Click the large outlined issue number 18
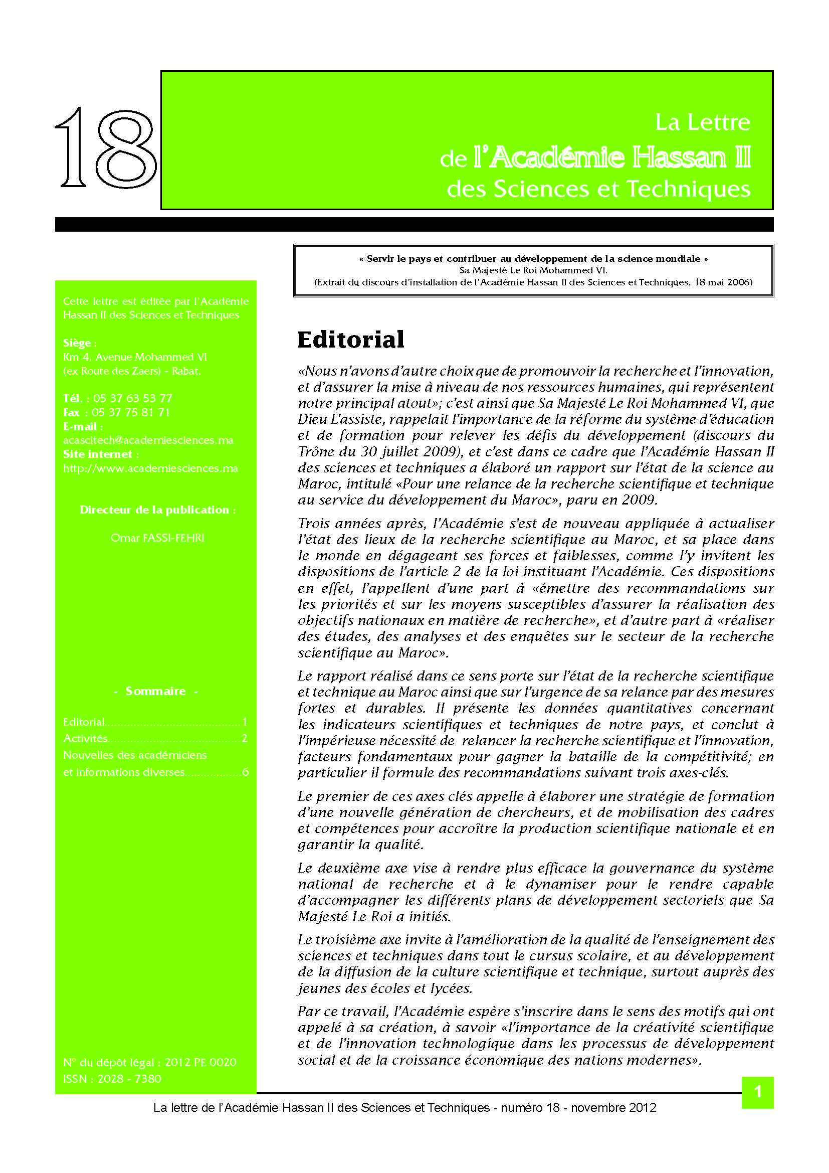[x=106, y=148]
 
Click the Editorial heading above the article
[x=351, y=340]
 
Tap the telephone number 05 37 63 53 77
[x=133, y=399]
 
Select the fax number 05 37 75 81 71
[x=131, y=412]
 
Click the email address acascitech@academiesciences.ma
[x=148, y=440]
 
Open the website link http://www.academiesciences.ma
[x=150, y=468]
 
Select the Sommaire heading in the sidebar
[x=155, y=691]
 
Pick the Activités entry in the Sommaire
[x=85, y=738]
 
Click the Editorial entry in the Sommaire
[x=84, y=722]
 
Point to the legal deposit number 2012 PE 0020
[x=200, y=1062]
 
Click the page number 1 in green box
[x=757, y=1092]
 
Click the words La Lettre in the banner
[x=702, y=122]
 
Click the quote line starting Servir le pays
[x=533, y=259]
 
